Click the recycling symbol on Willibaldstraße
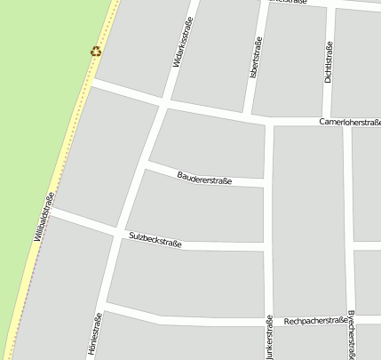(96, 52)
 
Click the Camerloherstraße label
(349, 121)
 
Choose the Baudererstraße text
(204, 179)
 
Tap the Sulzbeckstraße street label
(155, 239)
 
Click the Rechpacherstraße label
(314, 320)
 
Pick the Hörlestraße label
(94, 334)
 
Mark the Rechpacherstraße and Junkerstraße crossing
(269, 321)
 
